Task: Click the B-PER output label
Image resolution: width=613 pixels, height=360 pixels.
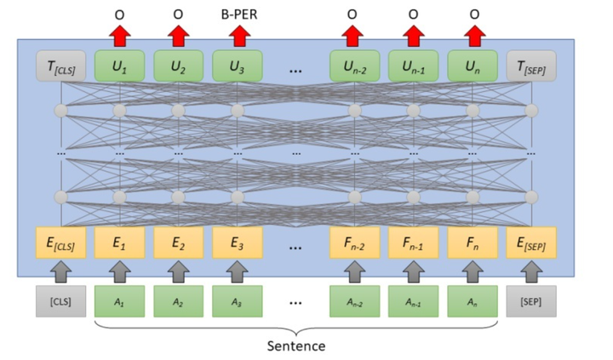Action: coord(239,14)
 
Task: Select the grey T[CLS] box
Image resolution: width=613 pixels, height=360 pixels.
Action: coord(61,66)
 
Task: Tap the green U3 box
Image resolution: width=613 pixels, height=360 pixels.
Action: coord(238,66)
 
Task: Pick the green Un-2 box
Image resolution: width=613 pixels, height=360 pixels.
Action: coord(354,66)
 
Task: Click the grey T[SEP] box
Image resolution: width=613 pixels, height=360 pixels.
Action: coord(531,66)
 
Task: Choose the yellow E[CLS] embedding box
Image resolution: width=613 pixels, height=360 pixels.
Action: coord(61,243)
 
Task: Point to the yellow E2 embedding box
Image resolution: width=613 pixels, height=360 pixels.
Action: coord(178,243)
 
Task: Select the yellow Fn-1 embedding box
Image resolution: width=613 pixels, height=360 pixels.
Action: coord(413,243)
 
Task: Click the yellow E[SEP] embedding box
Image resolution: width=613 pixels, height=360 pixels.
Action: coord(531,243)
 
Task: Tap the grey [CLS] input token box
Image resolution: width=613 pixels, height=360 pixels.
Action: coord(61,301)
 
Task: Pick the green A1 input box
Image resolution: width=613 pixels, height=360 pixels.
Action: coord(120,301)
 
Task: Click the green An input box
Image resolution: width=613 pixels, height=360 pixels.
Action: coord(473,301)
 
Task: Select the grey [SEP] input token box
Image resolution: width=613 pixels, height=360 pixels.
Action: coord(531,301)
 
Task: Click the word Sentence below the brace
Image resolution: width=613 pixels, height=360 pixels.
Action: coord(296,346)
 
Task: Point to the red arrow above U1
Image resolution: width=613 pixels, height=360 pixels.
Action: coord(120,36)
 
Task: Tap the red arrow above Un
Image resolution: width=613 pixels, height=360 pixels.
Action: coord(474,36)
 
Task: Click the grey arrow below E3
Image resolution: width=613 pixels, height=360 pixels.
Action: coord(238,271)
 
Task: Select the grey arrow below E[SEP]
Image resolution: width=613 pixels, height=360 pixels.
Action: coord(531,271)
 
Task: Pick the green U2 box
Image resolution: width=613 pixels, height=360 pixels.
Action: coord(178,66)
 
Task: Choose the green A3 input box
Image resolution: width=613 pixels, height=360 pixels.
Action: coord(238,301)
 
